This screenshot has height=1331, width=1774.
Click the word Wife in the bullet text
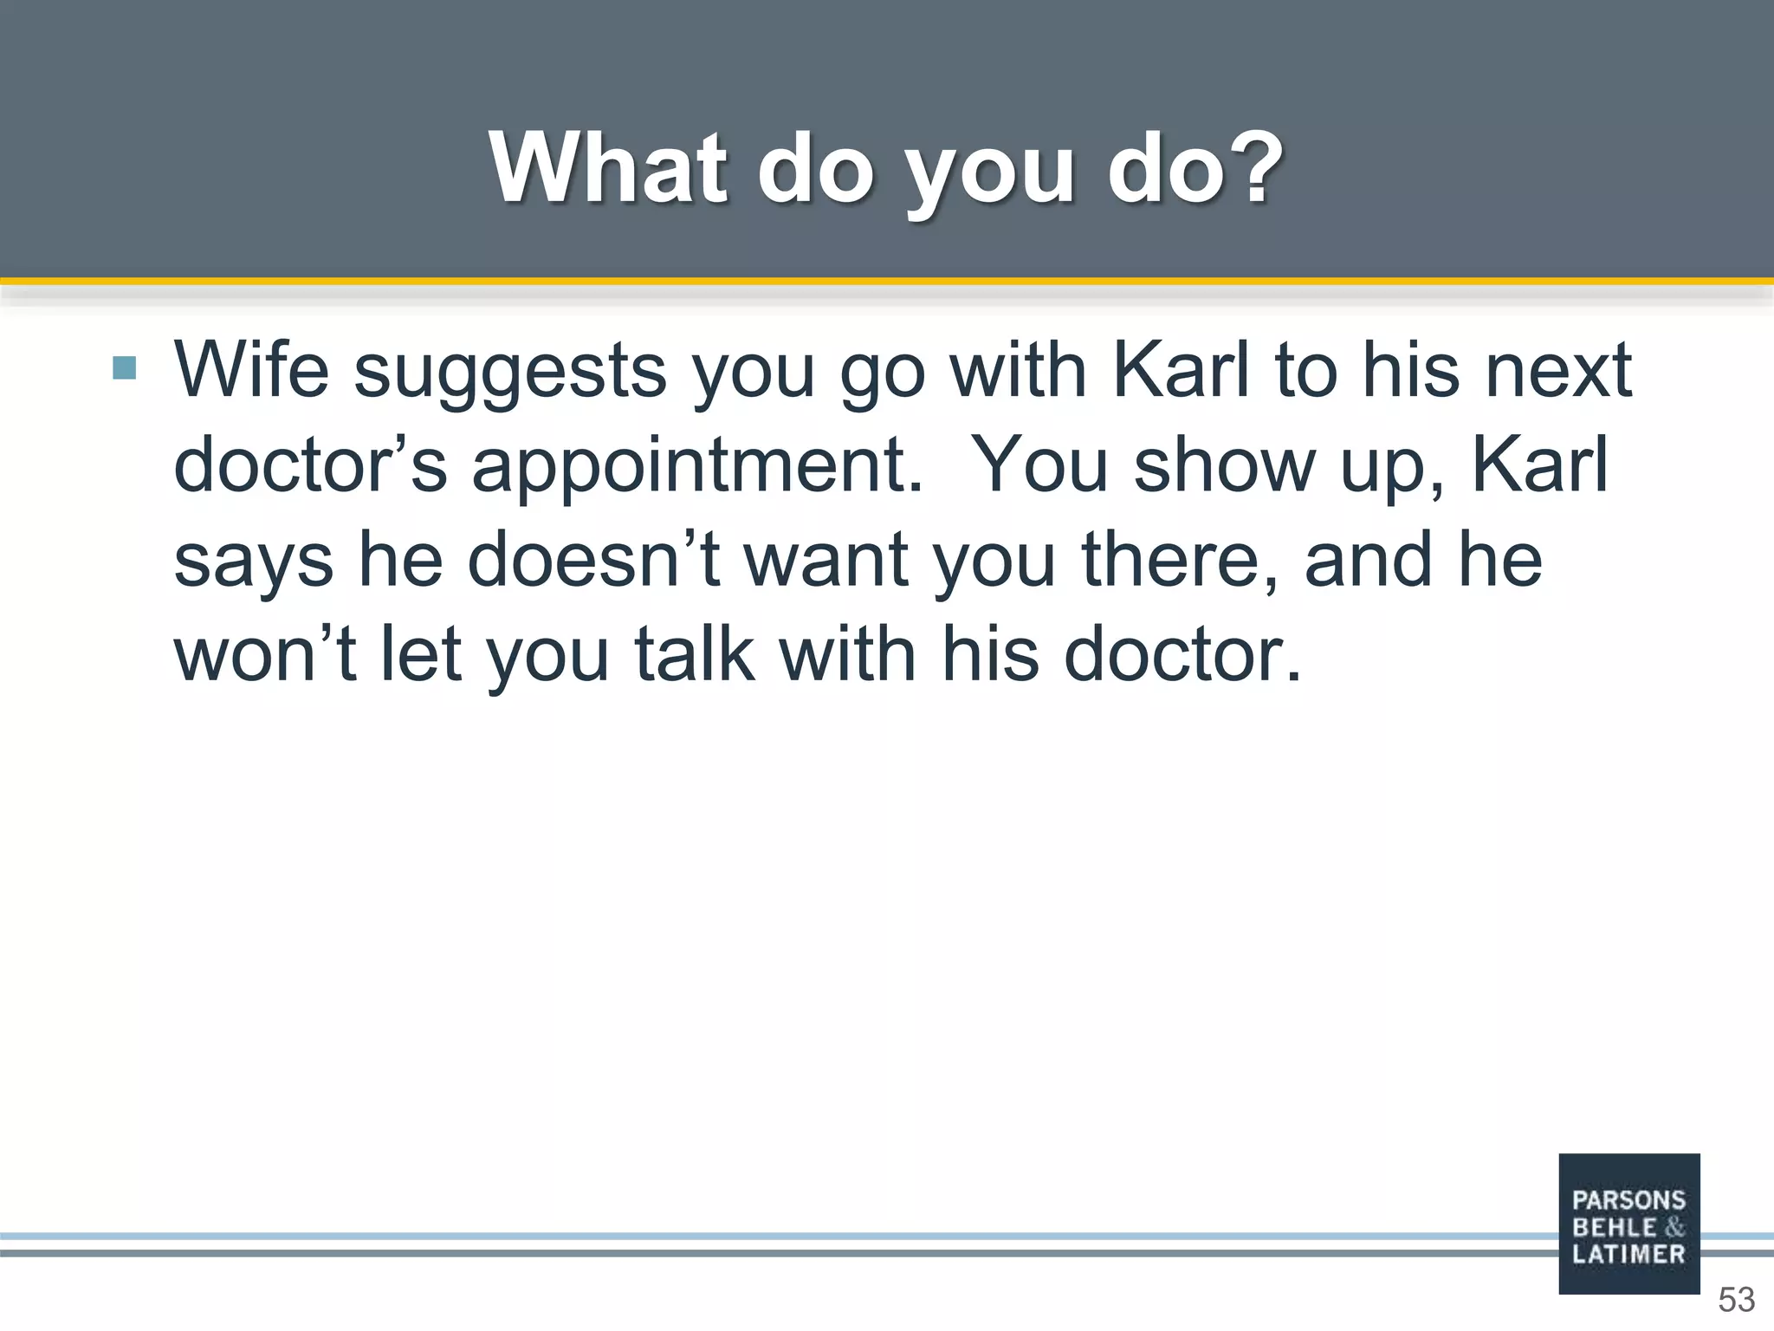coord(252,370)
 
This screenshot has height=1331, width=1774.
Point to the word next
coord(1558,372)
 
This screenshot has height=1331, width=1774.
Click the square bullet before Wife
coord(125,368)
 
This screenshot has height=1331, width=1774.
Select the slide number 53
coord(1736,1300)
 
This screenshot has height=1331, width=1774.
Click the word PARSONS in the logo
coord(1628,1200)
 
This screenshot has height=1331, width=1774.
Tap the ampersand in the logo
coord(1674,1227)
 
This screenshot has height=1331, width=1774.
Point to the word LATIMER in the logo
coord(1628,1254)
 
